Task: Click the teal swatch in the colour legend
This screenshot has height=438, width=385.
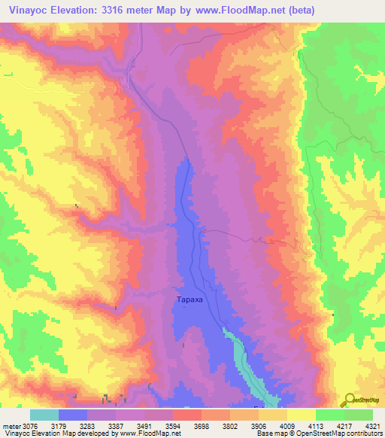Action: tap(44, 415)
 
